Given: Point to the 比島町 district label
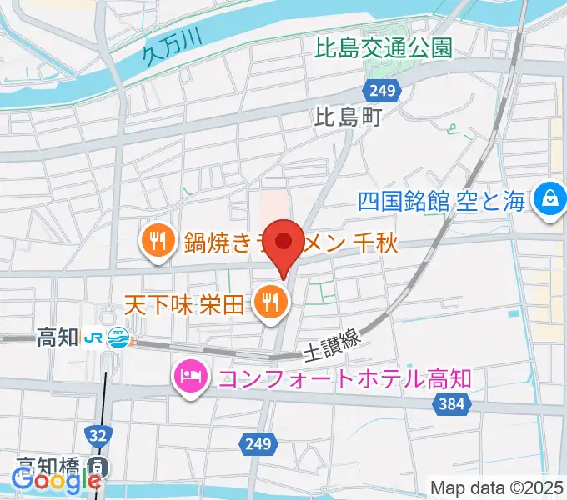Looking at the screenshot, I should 348,117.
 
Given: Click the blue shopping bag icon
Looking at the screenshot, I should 550,199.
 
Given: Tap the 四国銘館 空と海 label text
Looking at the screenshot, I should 443,200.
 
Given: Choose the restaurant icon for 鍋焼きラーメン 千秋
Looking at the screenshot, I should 156,242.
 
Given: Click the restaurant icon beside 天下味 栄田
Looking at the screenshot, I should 269,301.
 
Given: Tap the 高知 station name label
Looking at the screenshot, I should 57,337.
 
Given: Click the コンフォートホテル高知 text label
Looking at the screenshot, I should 344,378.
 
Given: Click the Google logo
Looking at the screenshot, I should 57,481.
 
